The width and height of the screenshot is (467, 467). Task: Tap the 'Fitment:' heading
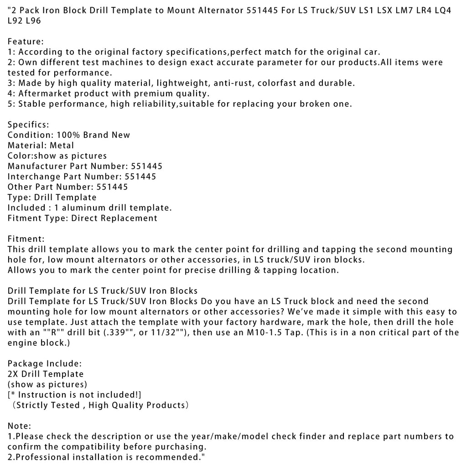click(x=26, y=239)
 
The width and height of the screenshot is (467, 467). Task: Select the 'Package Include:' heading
click(x=45, y=363)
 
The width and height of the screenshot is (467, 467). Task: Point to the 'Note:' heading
click(x=20, y=426)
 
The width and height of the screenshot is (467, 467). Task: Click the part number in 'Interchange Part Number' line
click(x=140, y=176)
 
